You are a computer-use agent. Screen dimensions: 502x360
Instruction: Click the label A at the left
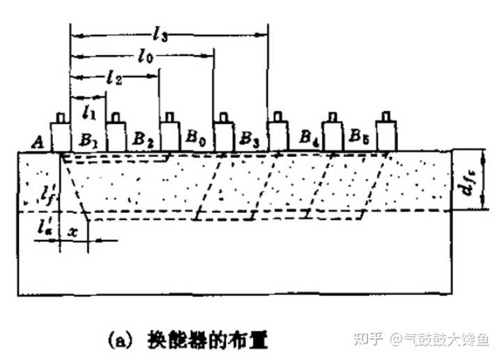pyautogui.click(x=41, y=142)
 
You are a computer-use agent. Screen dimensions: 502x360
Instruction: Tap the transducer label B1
pyautogui.click(x=88, y=138)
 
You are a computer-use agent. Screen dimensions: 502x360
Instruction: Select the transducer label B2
pyautogui.click(x=143, y=138)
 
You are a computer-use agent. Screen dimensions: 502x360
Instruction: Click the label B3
pyautogui.click(x=249, y=138)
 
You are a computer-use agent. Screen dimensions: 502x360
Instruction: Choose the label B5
pyautogui.click(x=360, y=137)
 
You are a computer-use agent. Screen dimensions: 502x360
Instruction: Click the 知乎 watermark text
pyautogui.click(x=370, y=339)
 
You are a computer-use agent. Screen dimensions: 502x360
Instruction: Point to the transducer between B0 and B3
pyautogui.click(x=223, y=129)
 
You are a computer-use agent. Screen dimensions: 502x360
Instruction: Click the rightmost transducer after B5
pyautogui.click(x=386, y=129)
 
